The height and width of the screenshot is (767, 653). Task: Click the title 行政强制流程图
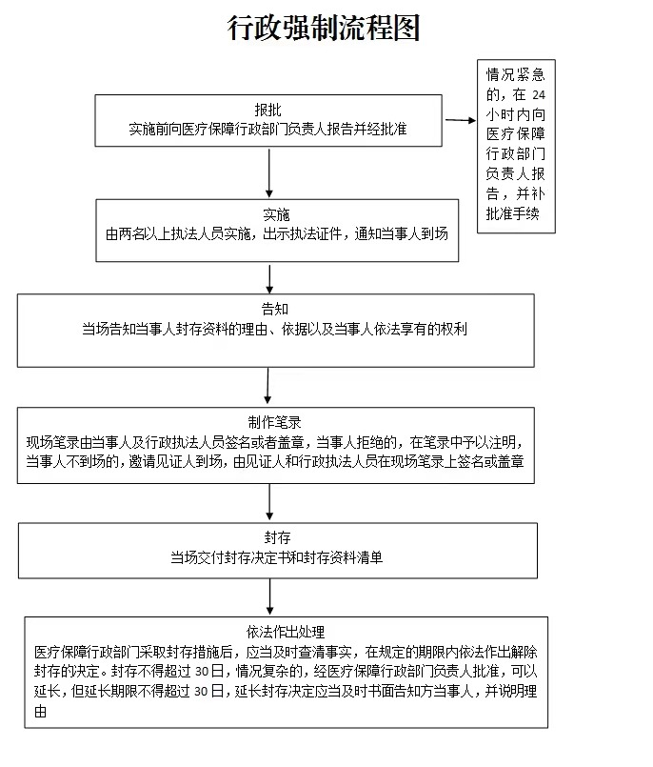pyautogui.click(x=324, y=28)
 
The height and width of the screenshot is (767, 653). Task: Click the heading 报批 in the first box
pyautogui.click(x=267, y=110)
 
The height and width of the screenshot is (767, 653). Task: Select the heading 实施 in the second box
pyautogui.click(x=276, y=214)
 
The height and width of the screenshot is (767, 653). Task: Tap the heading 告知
pyautogui.click(x=275, y=309)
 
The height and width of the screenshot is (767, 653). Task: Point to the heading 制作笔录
pyautogui.click(x=275, y=422)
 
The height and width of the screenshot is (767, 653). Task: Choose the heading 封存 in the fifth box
pyautogui.click(x=277, y=537)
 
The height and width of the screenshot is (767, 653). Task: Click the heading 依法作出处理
pyautogui.click(x=286, y=632)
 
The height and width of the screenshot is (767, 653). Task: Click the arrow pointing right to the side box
pyautogui.click(x=460, y=120)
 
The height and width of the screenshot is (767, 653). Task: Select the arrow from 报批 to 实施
pyautogui.click(x=268, y=173)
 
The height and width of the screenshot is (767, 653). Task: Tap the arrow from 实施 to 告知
pyautogui.click(x=269, y=279)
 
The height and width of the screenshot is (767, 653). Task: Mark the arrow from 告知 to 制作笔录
pyautogui.click(x=267, y=386)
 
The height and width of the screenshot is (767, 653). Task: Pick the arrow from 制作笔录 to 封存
pyautogui.click(x=269, y=502)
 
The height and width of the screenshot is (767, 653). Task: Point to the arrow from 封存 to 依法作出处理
pyautogui.click(x=269, y=596)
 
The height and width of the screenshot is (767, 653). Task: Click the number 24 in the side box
pyautogui.click(x=539, y=95)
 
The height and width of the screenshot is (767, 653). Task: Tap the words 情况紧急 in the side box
pyautogui.click(x=516, y=74)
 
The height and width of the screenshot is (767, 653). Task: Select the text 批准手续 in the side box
pyautogui.click(x=513, y=213)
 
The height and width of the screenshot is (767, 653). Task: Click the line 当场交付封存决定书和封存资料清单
pyautogui.click(x=276, y=557)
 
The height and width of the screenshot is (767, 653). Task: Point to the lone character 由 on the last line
pyautogui.click(x=41, y=711)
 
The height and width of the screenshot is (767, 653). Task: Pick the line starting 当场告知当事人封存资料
pyautogui.click(x=275, y=329)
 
